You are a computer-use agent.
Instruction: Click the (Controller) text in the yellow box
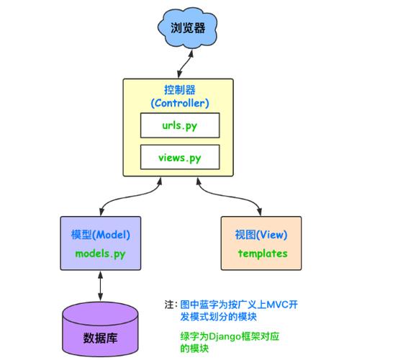pyautogui.click(x=180, y=103)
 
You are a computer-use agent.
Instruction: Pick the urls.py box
pyautogui.click(x=180, y=125)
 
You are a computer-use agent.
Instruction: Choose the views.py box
pyautogui.click(x=180, y=158)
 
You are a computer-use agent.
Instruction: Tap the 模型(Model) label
pyautogui.click(x=100, y=235)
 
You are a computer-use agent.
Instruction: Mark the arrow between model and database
pyautogui.click(x=100, y=287)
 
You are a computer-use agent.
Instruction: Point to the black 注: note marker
pyautogui.click(x=170, y=305)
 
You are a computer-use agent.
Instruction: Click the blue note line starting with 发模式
pyautogui.click(x=219, y=317)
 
